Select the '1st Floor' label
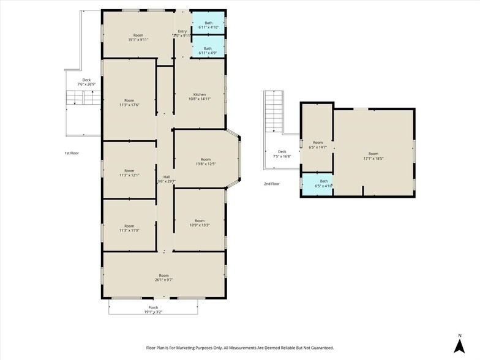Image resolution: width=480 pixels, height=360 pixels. pyautogui.click(x=72, y=153)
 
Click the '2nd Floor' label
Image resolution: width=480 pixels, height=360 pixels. pyautogui.click(x=271, y=183)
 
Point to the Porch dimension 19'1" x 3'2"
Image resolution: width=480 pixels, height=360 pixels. pyautogui.click(x=153, y=312)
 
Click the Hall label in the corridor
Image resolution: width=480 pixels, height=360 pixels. pyautogui.click(x=166, y=177)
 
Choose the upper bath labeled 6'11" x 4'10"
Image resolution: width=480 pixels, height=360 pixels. pyautogui.click(x=208, y=25)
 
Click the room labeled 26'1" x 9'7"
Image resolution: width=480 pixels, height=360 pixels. pyautogui.click(x=163, y=277)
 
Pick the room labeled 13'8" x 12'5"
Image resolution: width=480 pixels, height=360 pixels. pyautogui.click(x=205, y=162)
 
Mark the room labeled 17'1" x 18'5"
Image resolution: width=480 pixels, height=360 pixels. pyautogui.click(x=373, y=156)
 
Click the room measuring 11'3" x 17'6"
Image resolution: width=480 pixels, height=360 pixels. pyautogui.click(x=129, y=102)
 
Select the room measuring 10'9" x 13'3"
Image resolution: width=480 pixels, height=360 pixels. pyautogui.click(x=200, y=223)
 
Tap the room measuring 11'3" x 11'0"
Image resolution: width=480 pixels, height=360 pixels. pyautogui.click(x=129, y=228)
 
